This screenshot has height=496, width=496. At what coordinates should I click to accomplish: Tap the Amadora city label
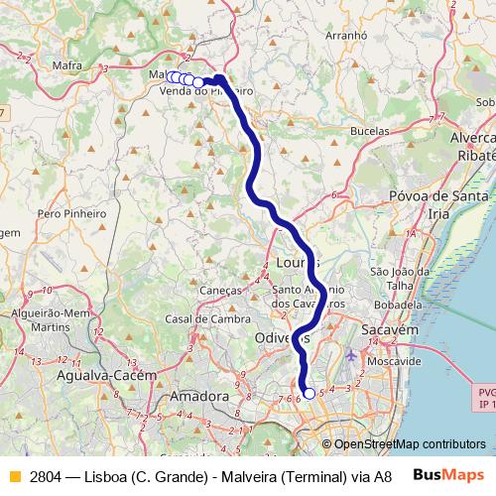point(199,396)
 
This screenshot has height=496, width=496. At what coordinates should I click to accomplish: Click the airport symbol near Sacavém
point(354,354)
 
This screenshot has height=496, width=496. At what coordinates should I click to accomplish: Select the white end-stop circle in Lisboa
point(309,394)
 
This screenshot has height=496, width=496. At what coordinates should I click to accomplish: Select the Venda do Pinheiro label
point(205,91)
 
